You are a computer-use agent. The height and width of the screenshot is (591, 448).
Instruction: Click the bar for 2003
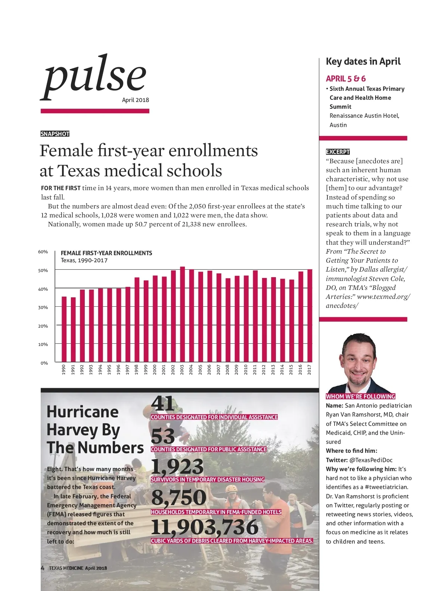[x=182, y=314]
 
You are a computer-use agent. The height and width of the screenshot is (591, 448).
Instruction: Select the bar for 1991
[x=73, y=329]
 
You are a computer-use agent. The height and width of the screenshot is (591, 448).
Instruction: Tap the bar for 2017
[x=309, y=316]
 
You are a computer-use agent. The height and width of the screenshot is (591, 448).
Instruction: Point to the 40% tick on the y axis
[x=43, y=289]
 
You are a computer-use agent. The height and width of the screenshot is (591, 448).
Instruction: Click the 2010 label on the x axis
[x=246, y=369]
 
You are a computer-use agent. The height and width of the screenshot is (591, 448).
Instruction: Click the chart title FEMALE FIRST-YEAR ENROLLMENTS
[x=106, y=253]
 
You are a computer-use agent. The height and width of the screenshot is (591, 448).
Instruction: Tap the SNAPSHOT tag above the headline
[x=55, y=134]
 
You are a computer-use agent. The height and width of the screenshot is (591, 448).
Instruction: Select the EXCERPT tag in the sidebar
[x=337, y=152]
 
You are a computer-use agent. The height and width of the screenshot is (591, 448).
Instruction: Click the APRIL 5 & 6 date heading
[x=346, y=78]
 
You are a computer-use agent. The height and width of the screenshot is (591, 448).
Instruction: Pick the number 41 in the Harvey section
[x=163, y=403]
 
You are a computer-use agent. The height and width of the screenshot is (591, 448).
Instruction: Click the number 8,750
[x=178, y=497]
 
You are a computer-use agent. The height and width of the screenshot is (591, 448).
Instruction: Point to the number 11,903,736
[x=205, y=526]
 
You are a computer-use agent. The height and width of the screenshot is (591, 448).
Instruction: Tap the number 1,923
[x=177, y=467]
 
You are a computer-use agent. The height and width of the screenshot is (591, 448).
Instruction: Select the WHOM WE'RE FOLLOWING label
[x=360, y=396]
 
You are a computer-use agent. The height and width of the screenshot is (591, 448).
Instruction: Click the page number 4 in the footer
[x=43, y=568]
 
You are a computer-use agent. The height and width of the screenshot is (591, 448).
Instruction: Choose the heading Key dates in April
[x=363, y=61]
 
